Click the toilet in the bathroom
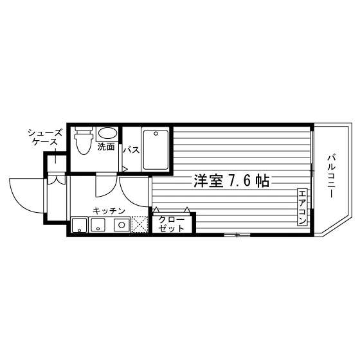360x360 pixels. (84, 140)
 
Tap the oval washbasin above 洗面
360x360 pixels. (107, 133)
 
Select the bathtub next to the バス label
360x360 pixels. (155, 150)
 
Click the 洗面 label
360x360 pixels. (106, 147)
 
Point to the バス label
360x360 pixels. (131, 150)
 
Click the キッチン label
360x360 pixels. (109, 211)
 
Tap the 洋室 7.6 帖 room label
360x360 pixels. (231, 181)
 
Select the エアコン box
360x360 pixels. (302, 207)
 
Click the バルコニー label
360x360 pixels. (330, 176)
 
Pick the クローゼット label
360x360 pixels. (172, 224)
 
